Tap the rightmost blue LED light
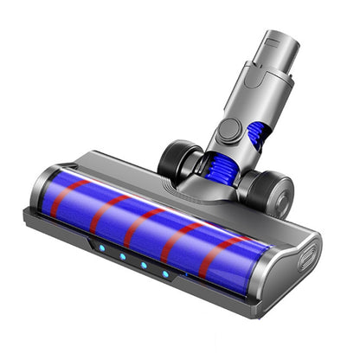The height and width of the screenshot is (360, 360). tap(165, 273)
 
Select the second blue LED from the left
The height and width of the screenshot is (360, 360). tap(122, 256)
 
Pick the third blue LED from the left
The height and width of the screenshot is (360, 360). tap(143, 265)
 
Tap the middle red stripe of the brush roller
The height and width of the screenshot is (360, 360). tap(139, 227)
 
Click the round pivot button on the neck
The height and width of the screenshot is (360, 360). tap(229, 131)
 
